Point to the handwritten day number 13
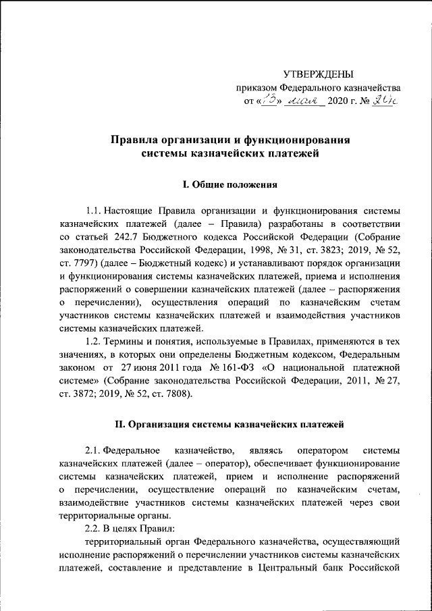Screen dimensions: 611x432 pyautogui.click(x=269, y=101)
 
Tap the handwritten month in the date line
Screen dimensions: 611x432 pyautogui.click(x=304, y=101)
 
